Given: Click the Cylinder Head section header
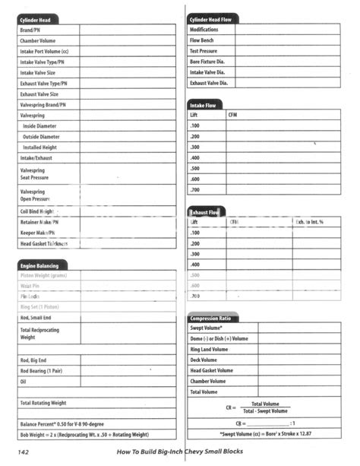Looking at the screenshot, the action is tap(37, 19).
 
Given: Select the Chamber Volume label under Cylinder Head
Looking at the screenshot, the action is tap(38, 40).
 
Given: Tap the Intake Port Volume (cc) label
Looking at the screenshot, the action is tap(44, 51).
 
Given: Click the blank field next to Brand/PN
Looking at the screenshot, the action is tap(128, 30).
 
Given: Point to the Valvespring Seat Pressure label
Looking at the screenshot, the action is tap(37, 174).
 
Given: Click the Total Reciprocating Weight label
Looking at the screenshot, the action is tap(41, 334).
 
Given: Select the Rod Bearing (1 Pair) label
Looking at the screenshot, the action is tap(41, 370).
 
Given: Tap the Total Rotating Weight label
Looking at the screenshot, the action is tap(43, 402).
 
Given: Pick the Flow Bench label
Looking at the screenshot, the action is tap(202, 40).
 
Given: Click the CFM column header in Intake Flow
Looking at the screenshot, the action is tap(232, 115).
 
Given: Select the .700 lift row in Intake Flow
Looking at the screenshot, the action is tap(195, 189).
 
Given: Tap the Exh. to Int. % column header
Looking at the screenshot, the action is tap(310, 221).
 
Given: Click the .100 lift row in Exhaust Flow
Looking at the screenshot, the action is tap(195, 233).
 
